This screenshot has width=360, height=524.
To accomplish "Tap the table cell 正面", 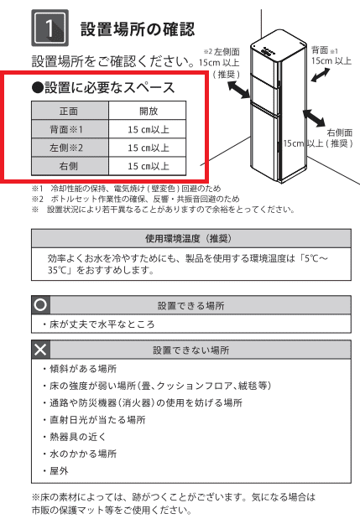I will coord(69,110).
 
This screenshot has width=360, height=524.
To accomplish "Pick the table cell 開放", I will coord(148,110).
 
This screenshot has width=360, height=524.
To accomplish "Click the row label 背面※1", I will coord(69,128).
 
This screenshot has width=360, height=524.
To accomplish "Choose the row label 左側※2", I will coord(69,148).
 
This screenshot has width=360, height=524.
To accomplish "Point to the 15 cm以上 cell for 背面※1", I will coord(148,128).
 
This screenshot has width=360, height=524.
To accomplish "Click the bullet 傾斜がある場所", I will coord(80,369).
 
